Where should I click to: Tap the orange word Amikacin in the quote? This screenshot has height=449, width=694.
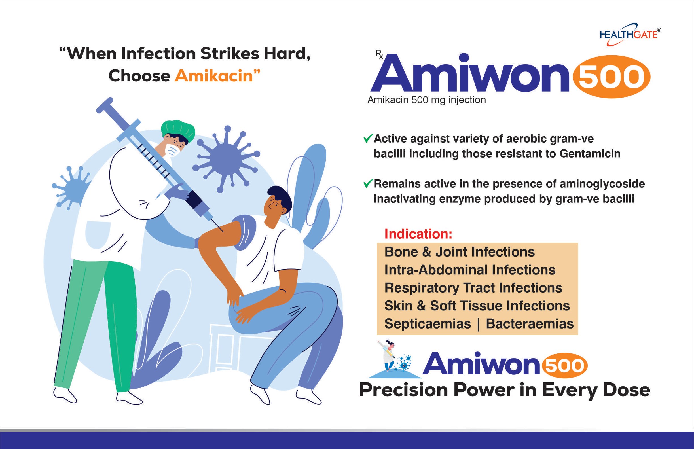[214, 76]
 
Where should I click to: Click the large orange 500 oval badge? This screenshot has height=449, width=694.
[612, 76]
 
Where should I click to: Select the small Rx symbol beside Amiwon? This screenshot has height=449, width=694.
[379, 54]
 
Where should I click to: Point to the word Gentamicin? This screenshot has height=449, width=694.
[590, 154]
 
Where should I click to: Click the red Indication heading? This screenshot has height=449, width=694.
[418, 234]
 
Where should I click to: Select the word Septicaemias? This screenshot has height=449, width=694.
[428, 324]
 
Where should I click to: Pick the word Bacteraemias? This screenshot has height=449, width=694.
[530, 324]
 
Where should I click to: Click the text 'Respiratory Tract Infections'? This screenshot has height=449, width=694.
[473, 288]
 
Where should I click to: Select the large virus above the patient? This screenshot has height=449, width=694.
[226, 159]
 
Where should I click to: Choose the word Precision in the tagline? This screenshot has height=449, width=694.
[404, 390]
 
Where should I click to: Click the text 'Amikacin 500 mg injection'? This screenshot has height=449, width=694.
[427, 100]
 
